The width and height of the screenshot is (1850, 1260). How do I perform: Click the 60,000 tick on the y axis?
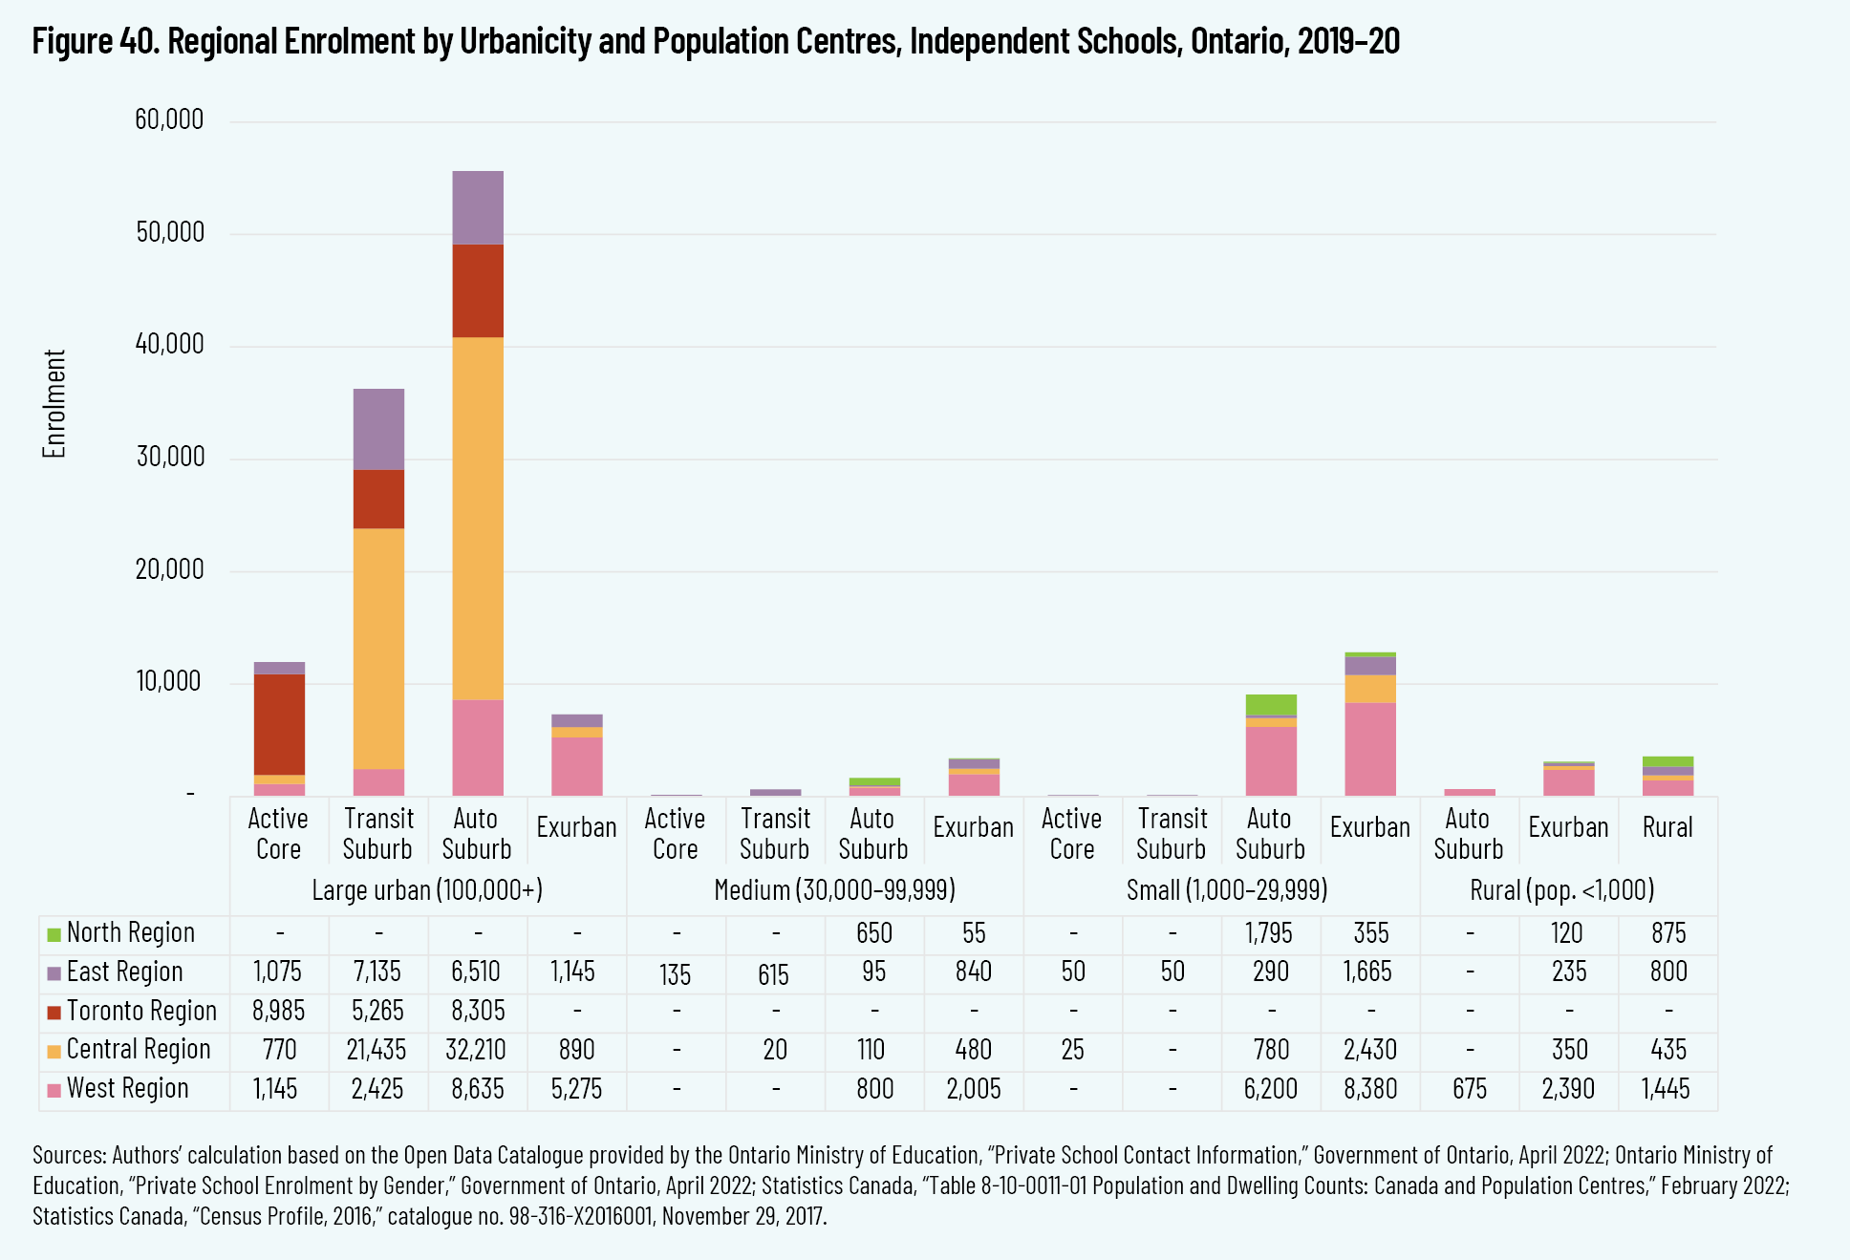point(169,119)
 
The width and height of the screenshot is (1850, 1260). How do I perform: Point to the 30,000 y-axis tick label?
point(169,457)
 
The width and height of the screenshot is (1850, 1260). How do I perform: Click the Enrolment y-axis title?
point(54,403)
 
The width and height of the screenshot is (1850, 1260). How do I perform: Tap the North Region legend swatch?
point(54,934)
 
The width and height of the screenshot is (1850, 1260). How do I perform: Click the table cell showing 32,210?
point(476,1050)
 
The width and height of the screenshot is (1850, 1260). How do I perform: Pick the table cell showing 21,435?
point(376,1050)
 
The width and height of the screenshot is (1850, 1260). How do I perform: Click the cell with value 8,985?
point(277,1011)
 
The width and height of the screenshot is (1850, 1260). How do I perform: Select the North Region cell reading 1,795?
point(1269,933)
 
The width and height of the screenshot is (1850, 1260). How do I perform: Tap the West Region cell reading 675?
point(1469,1089)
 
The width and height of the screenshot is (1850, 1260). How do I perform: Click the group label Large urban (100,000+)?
point(427,890)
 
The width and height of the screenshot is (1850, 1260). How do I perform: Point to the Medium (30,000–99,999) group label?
point(834,890)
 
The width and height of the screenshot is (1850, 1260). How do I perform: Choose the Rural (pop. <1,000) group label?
point(1561,890)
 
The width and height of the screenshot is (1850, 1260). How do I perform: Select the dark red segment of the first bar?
point(279,724)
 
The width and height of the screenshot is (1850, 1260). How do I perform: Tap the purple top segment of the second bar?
point(378,429)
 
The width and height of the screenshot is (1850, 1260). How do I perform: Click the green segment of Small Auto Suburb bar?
point(1271,704)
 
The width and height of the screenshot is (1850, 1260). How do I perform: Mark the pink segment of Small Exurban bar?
point(1370,749)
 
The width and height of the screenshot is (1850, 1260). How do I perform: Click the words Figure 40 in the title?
point(96,41)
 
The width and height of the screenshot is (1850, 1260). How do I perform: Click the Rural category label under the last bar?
point(1667,827)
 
